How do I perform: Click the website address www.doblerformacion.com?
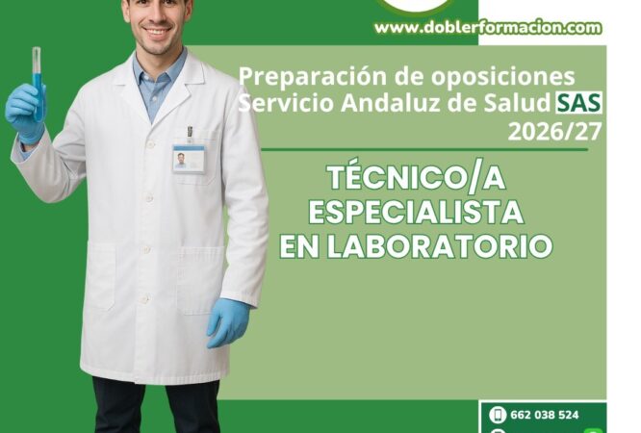[488, 28]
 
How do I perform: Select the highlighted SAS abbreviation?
[578, 103]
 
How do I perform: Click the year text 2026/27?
[554, 132]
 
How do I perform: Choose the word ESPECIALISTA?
[416, 212]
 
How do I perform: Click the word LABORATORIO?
[440, 246]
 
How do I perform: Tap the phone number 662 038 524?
[545, 415]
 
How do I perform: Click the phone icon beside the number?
[498, 415]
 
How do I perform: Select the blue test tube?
[38, 84]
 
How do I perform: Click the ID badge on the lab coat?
[189, 159]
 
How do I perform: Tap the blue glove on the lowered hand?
[228, 321]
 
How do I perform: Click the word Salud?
[517, 103]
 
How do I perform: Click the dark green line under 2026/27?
[424, 149]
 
